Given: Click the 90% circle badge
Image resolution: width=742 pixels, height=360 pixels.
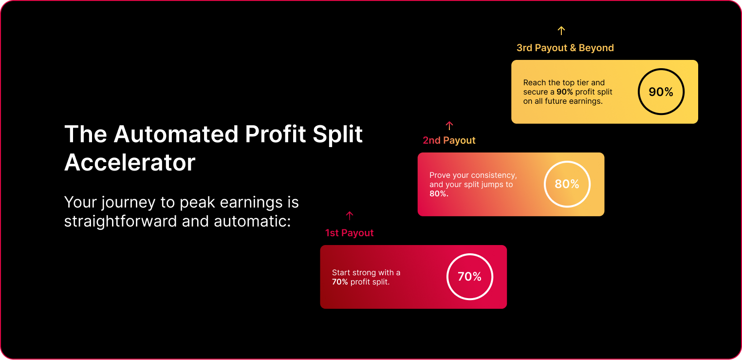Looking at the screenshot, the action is tap(661, 69).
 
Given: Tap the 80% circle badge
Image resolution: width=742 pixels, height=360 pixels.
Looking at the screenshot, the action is tap(567, 161).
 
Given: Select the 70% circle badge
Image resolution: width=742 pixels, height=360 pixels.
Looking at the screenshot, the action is tap(470, 254).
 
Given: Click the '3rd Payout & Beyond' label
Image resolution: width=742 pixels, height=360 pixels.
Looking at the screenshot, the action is tap(565, 48).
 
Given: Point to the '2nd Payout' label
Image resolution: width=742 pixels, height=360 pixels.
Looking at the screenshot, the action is tap(449, 140).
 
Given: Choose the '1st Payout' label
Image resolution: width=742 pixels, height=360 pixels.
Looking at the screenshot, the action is tap(349, 233).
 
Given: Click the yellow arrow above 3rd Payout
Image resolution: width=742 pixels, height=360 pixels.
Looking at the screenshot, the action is tap(561, 31).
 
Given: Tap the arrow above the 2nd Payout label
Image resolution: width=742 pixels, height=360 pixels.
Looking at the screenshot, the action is tap(449, 126).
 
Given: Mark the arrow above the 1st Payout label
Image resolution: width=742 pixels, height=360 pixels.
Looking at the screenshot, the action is tap(350, 216).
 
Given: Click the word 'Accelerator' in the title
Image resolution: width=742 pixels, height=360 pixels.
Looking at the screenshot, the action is tap(130, 163).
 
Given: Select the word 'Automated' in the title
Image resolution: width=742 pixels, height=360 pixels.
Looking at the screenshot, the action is tap(176, 134).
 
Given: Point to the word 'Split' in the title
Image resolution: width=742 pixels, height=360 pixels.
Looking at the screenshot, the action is tap(337, 134).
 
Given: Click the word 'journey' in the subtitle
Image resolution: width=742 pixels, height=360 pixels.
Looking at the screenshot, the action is tap(128, 203).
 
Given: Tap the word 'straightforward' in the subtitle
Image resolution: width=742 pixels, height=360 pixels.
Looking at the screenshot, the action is tap(120, 221).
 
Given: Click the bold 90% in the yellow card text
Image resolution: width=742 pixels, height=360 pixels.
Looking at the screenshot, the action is tap(564, 92).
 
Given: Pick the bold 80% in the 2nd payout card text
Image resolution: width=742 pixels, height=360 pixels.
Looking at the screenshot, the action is tap(439, 193).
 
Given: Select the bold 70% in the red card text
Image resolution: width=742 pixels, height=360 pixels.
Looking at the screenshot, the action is tap(340, 282).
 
